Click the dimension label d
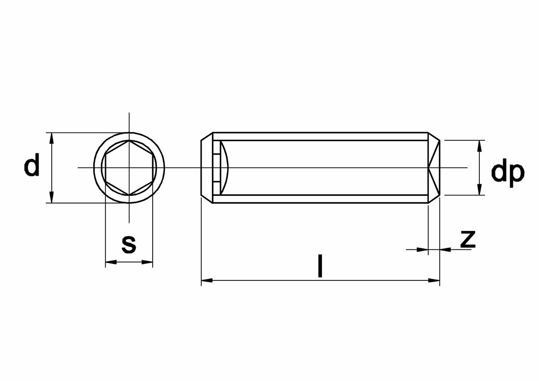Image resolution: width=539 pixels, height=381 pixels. click(31, 164)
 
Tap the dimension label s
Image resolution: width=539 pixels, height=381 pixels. click(129, 245)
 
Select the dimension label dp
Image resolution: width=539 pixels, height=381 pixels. click(508, 173)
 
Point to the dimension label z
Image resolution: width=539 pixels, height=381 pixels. click(468, 239)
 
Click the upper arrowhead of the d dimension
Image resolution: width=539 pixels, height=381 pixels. click(51, 138)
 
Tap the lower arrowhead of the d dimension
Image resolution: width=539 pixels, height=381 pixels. click(51, 197)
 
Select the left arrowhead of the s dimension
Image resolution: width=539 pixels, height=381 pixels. click(111, 262)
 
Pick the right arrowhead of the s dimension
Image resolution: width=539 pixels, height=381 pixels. click(147, 262)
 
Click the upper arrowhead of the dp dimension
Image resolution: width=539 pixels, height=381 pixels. click(479, 146)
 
